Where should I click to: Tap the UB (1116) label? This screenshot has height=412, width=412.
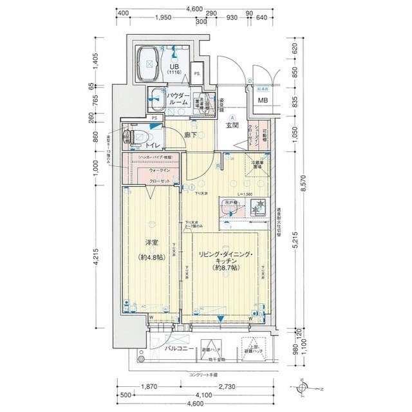click(174, 69)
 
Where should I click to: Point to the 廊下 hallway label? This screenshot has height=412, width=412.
click(190, 135)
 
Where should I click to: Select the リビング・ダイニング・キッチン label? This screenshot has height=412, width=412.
click(226, 260)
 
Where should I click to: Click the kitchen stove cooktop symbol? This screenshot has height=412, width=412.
click(257, 208)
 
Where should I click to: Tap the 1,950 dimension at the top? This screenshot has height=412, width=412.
click(163, 18)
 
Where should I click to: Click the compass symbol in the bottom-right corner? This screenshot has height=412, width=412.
click(303, 388)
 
